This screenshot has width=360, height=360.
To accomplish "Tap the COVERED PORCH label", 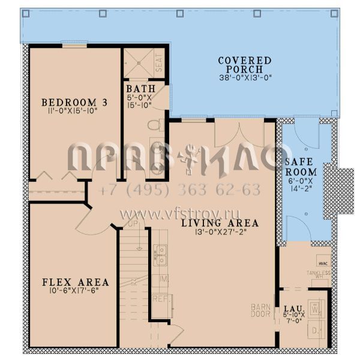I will click(x=244, y=65).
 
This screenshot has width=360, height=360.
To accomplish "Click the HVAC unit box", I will click(x=323, y=263).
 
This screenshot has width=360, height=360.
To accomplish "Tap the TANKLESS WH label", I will click(x=318, y=274).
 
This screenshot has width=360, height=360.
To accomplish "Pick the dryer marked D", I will click(x=317, y=329).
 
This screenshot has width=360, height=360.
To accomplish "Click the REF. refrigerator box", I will click(x=160, y=298).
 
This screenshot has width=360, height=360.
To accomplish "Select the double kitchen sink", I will click(x=160, y=255).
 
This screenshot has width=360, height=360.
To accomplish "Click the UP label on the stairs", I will click(x=134, y=224).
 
